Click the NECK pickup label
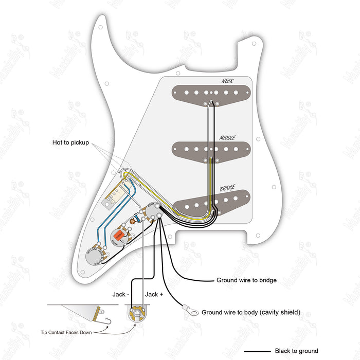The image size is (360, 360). [x=227, y=81]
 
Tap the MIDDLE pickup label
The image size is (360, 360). [x=227, y=137]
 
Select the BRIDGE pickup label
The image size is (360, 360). [x=227, y=188]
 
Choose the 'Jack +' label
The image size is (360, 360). [x=155, y=294]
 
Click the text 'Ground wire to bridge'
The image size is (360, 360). [x=247, y=280]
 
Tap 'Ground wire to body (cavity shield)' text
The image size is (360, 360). [x=250, y=312]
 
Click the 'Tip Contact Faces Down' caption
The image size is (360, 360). [x=66, y=332]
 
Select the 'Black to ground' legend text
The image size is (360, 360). [x=297, y=351]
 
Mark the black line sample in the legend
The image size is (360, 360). [x=256, y=351]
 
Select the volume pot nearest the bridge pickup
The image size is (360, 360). [x=153, y=212]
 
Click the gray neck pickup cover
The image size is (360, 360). [x=211, y=94]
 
